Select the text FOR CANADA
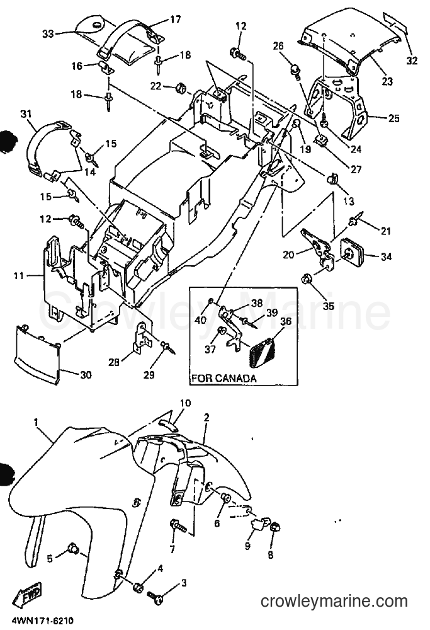click(x=223, y=378)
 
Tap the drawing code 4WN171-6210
click(x=37, y=621)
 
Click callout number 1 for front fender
click(x=36, y=422)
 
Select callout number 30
click(x=86, y=374)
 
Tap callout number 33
click(x=48, y=34)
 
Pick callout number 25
click(x=394, y=118)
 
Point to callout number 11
click(x=19, y=276)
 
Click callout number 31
click(x=26, y=114)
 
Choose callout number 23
click(x=387, y=81)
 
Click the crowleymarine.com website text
click(x=334, y=601)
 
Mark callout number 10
click(x=175, y=403)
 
